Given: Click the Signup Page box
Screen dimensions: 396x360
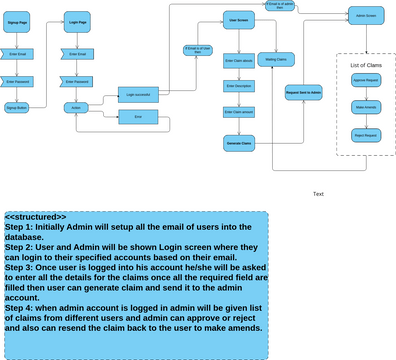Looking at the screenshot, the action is point(18,20).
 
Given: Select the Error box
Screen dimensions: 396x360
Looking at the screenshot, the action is point(138,117).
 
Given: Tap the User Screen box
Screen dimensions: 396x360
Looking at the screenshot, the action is point(238,19).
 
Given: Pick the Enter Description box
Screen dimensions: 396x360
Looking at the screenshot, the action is point(238,86).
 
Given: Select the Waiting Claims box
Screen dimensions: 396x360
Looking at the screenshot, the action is point(275,60).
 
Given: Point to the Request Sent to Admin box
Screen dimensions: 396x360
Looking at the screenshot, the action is point(303,91).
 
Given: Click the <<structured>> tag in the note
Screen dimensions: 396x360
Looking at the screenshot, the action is point(35,217).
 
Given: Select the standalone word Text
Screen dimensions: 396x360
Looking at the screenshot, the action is point(318,194).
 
